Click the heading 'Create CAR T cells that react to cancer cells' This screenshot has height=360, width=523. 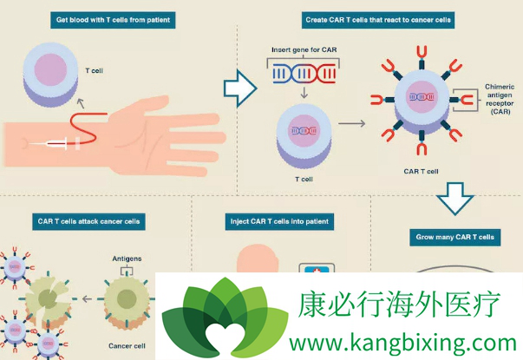[377, 19]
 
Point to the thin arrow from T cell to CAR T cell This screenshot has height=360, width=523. [351, 123]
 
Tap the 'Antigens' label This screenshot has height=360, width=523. [127, 258]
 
